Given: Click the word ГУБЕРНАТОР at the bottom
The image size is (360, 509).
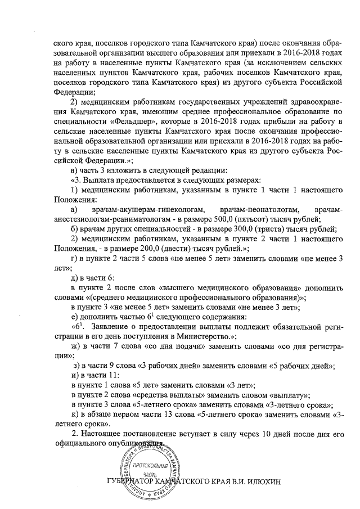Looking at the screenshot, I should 134,483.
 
